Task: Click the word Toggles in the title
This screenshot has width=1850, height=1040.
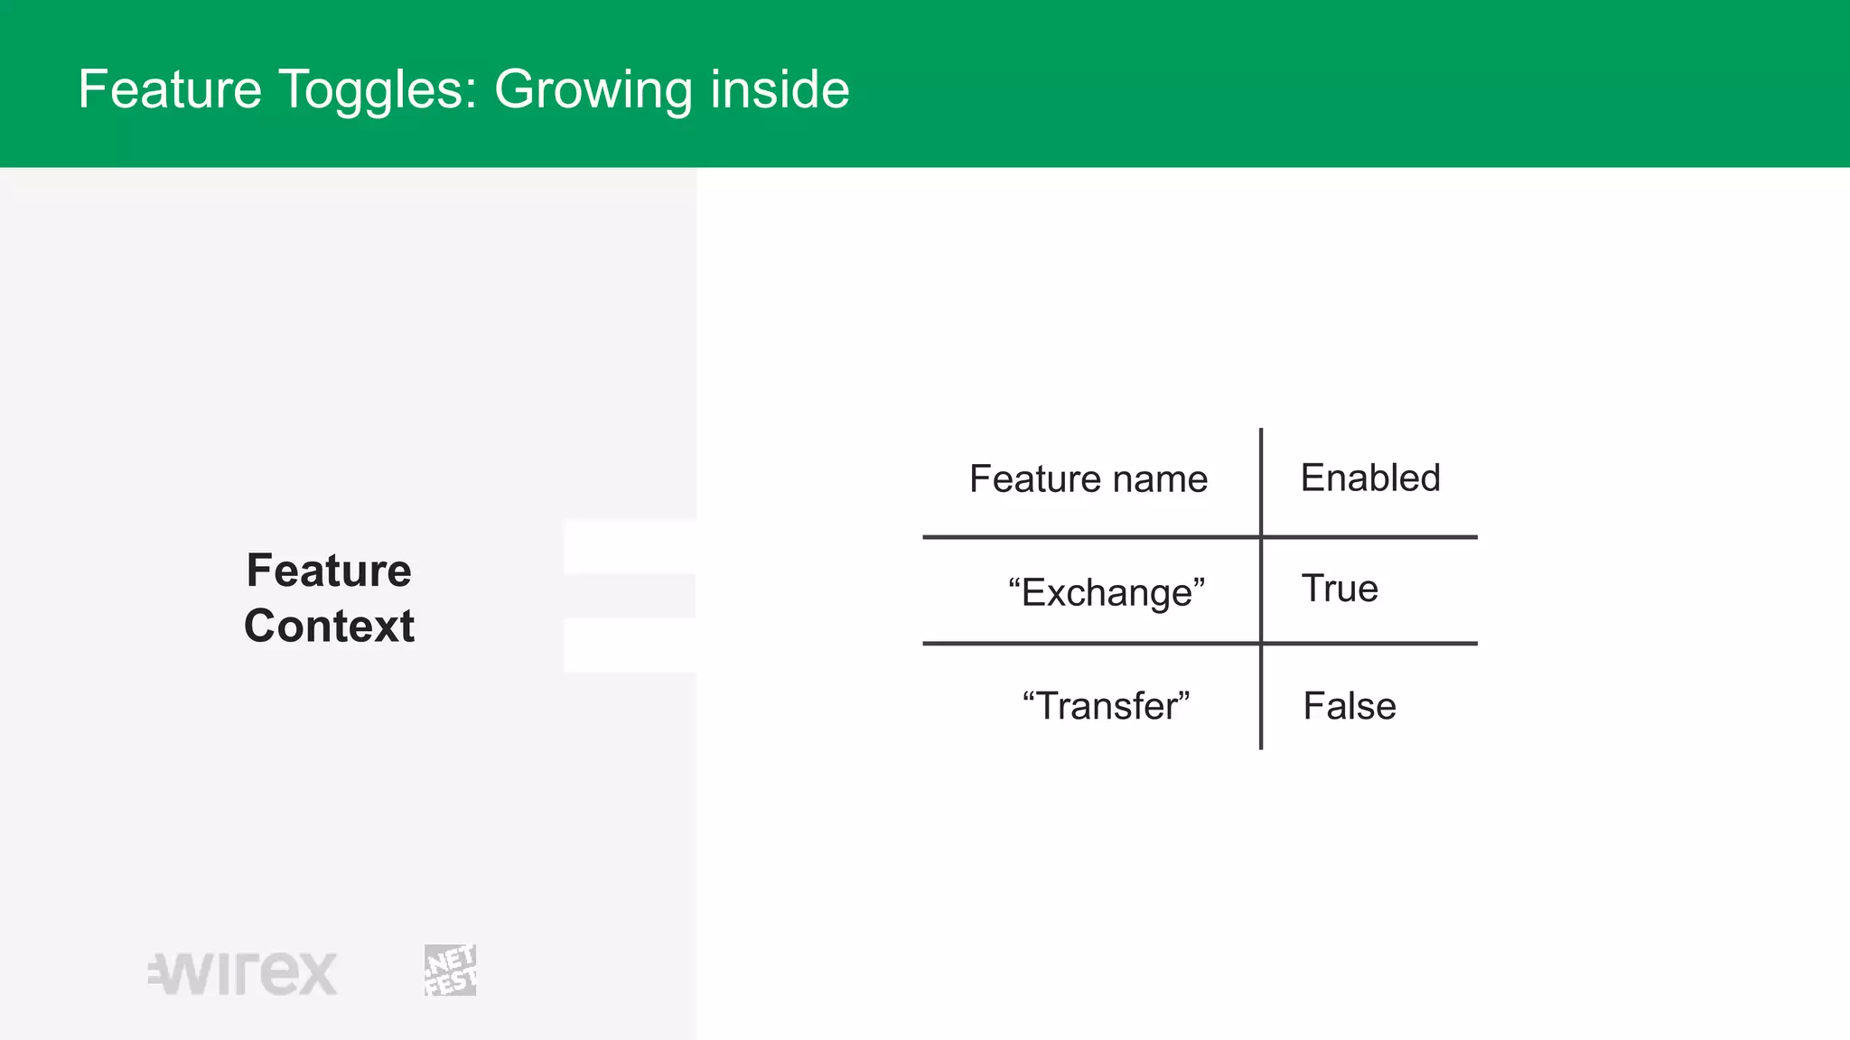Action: (x=378, y=89)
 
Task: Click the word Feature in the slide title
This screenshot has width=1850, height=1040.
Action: (x=170, y=89)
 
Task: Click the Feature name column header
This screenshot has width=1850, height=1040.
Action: (x=1088, y=478)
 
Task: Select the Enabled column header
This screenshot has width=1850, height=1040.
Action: (x=1369, y=478)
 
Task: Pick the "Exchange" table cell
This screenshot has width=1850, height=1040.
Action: (x=1106, y=592)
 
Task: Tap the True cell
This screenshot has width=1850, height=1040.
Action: (x=1340, y=589)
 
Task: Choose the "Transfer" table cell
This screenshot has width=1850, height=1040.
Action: (x=1106, y=706)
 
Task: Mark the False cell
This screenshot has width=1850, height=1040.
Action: (x=1349, y=706)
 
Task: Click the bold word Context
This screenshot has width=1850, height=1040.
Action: (x=329, y=626)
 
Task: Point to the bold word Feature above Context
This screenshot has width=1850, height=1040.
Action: (x=329, y=571)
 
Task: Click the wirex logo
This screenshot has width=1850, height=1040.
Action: (x=243, y=973)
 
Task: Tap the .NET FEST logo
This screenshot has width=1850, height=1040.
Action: (x=450, y=970)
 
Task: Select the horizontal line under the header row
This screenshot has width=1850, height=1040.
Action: (x=1084, y=537)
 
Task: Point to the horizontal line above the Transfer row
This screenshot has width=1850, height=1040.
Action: (x=1084, y=644)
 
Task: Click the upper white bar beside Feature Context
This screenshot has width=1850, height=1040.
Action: (x=630, y=547)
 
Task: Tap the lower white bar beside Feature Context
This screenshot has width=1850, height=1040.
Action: (x=630, y=645)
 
